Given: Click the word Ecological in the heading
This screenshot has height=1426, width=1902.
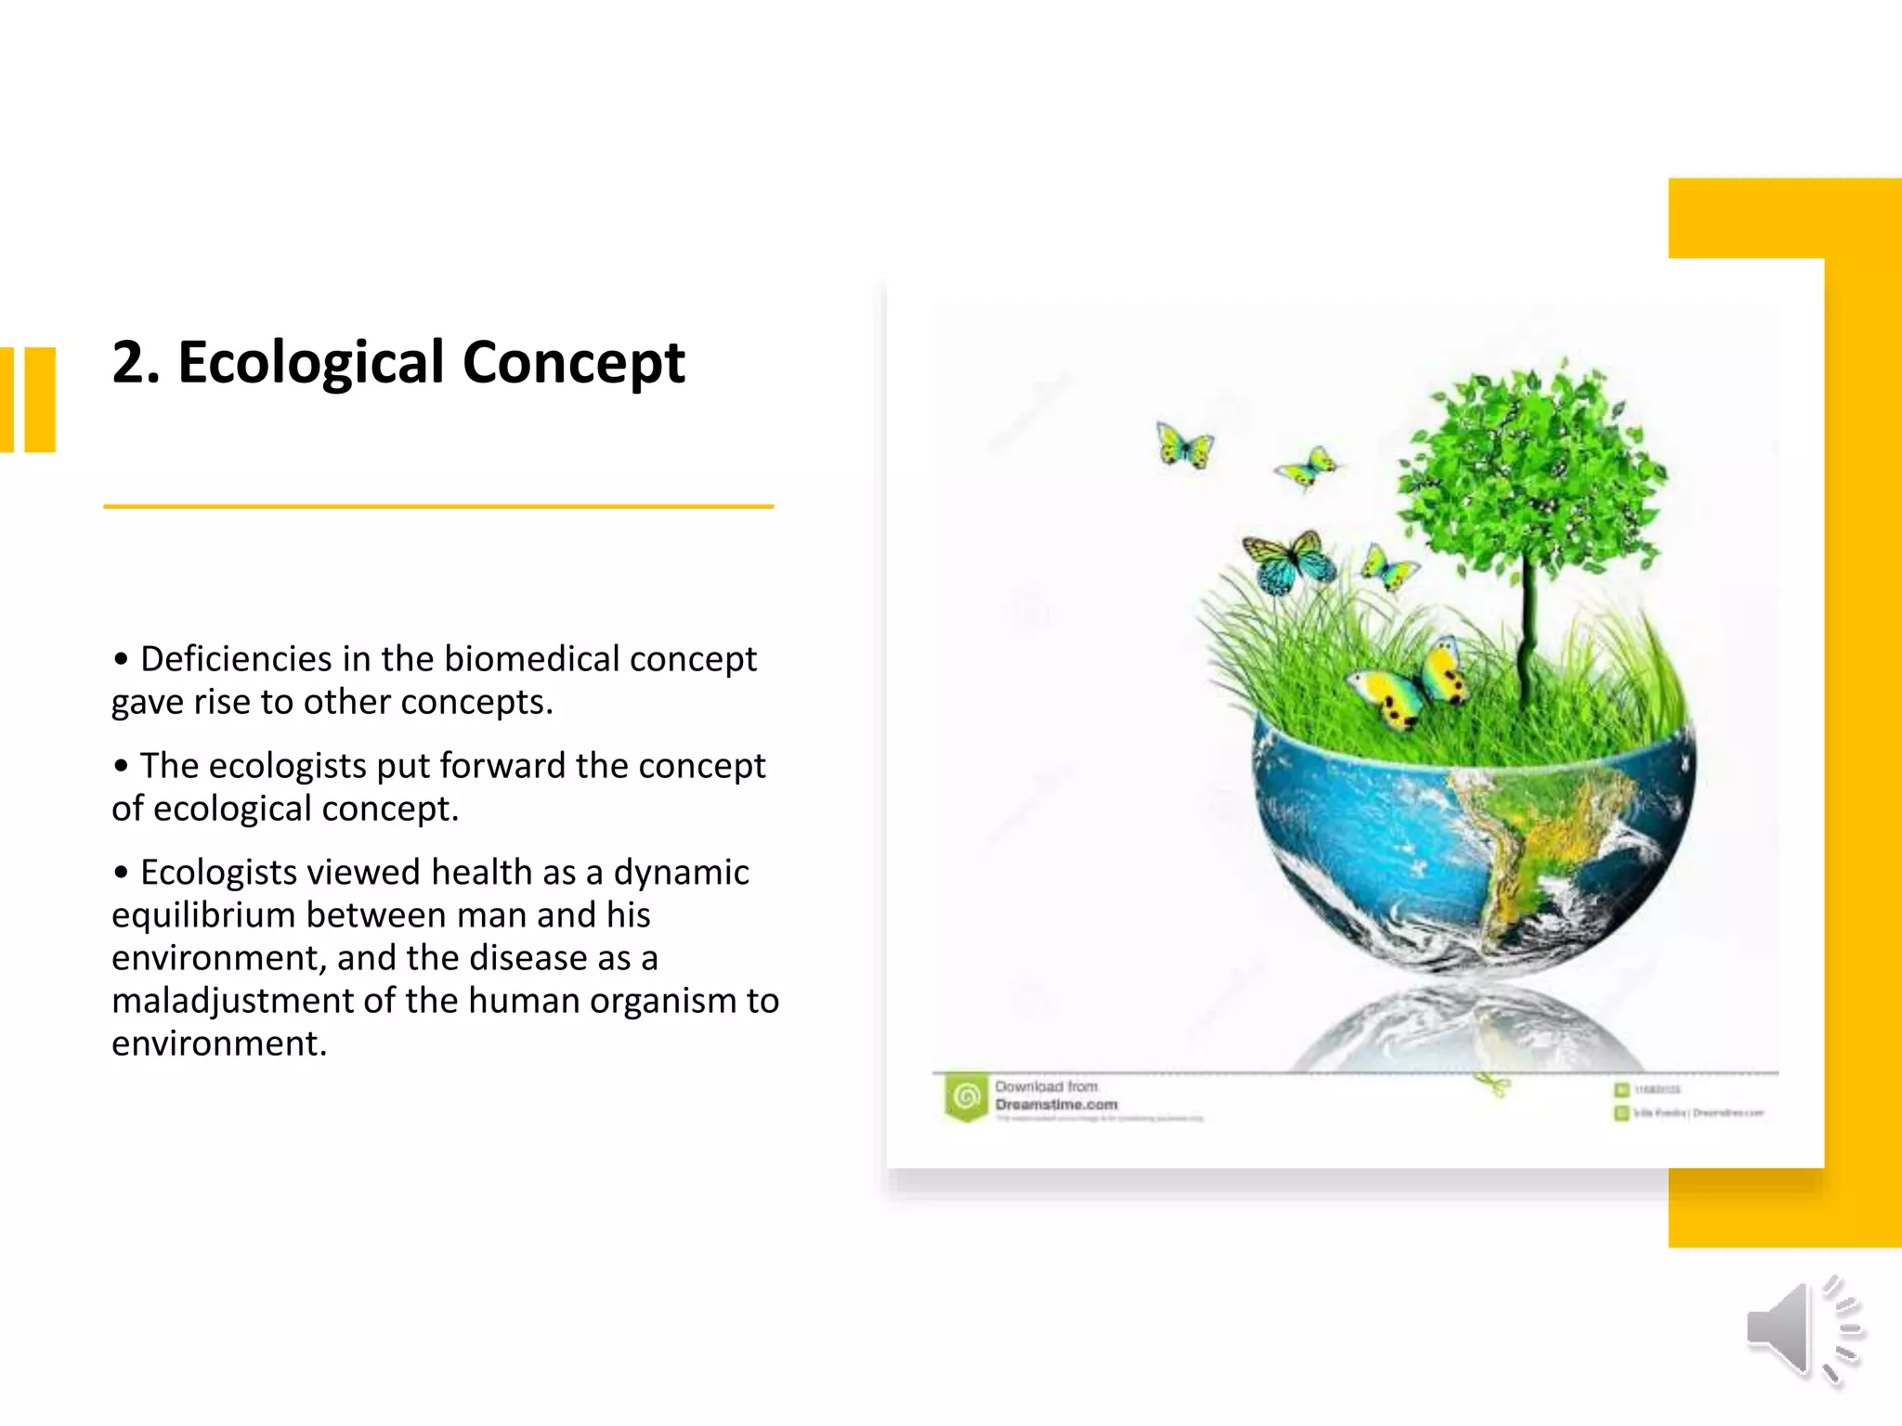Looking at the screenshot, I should (311, 362).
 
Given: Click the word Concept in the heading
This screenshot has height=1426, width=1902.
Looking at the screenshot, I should (573, 362).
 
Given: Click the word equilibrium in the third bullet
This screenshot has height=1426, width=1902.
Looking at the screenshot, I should (202, 915).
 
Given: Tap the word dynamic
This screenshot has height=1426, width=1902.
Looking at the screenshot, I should (681, 873).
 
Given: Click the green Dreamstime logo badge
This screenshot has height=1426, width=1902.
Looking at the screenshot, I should (966, 1098).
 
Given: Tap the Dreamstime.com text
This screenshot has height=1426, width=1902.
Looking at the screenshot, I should (1056, 1105).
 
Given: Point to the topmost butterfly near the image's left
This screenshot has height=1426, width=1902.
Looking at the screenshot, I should (1184, 445).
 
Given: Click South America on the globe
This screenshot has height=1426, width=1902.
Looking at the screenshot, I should (1542, 836).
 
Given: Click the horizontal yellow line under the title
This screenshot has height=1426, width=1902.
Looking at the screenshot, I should (438, 507).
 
